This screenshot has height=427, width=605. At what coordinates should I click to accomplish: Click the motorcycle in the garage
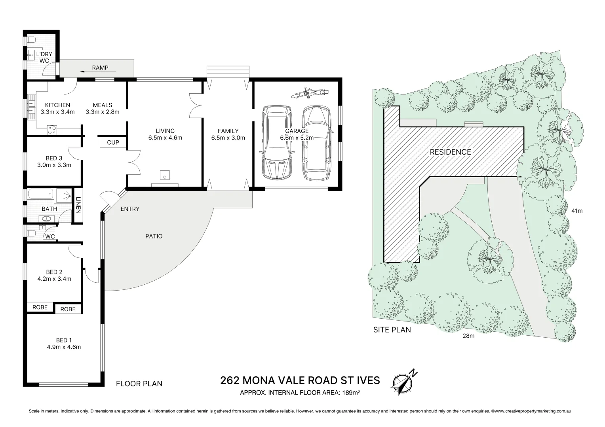pos(310,93)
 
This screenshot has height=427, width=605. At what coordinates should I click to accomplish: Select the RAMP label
pos(100,68)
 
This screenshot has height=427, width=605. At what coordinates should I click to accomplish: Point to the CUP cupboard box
pos(113,142)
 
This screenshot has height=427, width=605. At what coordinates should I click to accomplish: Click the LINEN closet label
pos(78,205)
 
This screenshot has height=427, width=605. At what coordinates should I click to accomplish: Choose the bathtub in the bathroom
pos(40,194)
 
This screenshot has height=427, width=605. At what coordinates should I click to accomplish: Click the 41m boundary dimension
pos(577,211)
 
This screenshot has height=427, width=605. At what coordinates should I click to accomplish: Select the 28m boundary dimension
pos(468,336)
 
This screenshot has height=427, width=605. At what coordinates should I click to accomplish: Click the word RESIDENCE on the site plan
pos(450,152)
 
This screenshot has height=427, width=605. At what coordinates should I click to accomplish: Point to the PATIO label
pos(154,236)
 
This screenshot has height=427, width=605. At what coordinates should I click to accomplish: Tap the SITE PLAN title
pos(392,329)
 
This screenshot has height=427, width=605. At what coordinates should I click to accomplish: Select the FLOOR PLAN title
pos(139,384)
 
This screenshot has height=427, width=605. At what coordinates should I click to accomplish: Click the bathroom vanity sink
pos(44,218)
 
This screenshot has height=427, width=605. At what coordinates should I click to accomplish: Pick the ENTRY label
pos(130,209)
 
